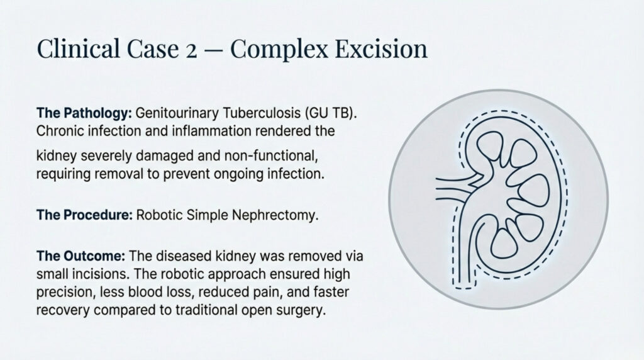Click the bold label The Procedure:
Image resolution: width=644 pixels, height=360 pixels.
[x=84, y=215]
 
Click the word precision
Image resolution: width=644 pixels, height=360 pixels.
[x=65, y=293]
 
